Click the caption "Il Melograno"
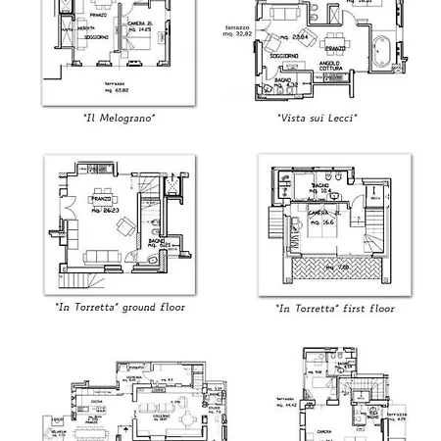119,118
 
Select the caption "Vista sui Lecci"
317,118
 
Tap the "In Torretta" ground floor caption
120,308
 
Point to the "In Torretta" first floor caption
334,309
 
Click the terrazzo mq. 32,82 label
237,30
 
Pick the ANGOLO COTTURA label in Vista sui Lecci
329,67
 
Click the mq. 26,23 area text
104,210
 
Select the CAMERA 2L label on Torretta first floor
321,213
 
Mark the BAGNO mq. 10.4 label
320,188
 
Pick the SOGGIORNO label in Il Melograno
95,36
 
